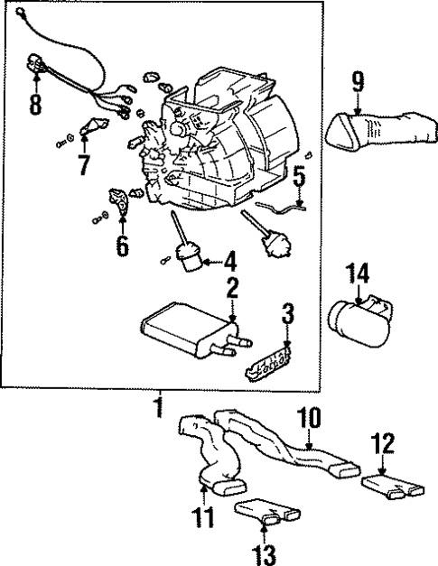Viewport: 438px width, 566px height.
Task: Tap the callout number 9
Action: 358,82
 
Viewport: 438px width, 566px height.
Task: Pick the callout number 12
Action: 384,445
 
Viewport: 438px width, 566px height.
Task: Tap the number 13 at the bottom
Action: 264,550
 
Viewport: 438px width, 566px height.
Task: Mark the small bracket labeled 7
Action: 90,128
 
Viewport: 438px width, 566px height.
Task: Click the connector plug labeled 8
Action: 36,65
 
